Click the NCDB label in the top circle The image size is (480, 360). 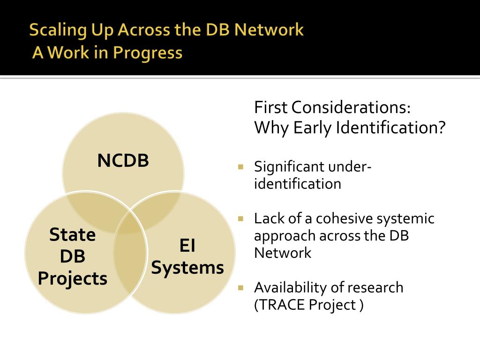point(123,161)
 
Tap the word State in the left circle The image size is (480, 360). point(73,234)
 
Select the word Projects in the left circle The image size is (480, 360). point(73,279)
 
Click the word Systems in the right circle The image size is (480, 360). point(187,268)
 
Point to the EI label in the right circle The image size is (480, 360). point(187,246)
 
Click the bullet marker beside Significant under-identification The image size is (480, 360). point(241,166)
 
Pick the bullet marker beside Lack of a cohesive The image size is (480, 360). point(241,218)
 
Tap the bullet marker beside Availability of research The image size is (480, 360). point(241,287)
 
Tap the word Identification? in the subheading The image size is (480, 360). point(390,127)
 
